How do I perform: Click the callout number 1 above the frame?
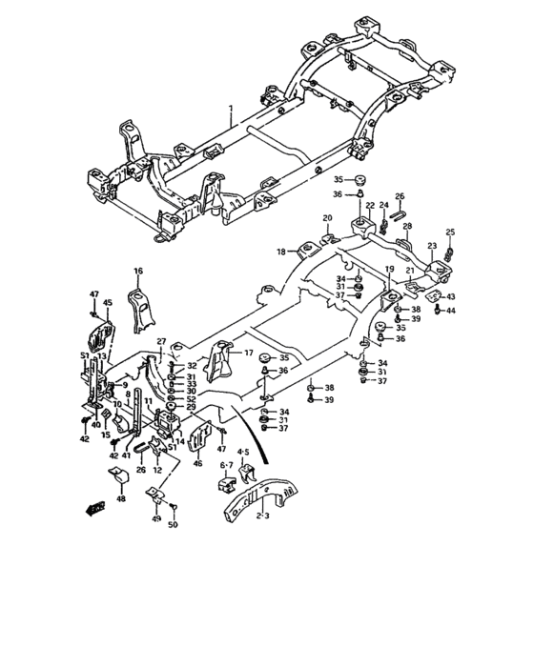click(231, 111)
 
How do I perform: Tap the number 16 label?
click(137, 272)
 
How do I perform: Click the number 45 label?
click(108, 303)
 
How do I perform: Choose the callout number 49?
click(156, 519)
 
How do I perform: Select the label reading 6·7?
click(227, 465)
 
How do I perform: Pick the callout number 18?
click(281, 252)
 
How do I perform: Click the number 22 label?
click(368, 205)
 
